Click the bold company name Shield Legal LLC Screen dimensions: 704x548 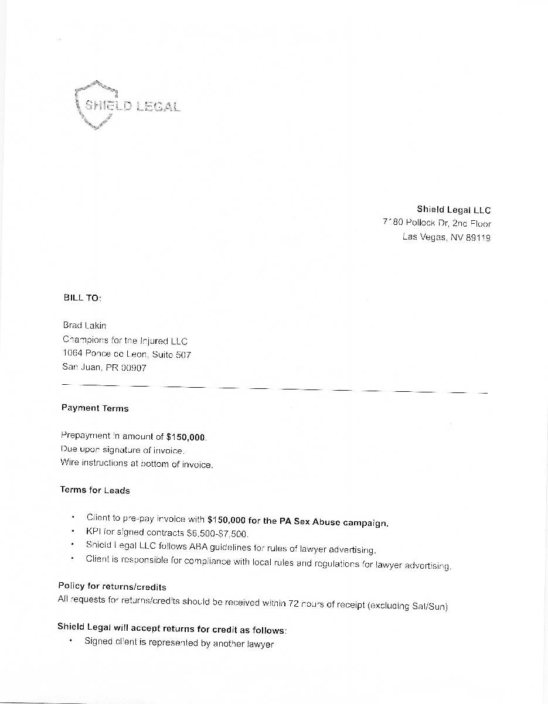454,209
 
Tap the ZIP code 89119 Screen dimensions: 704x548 478,238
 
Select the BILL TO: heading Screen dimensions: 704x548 82,298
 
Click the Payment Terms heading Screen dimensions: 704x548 94,408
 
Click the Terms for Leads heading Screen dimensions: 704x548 94,490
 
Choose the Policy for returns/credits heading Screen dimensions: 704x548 112,586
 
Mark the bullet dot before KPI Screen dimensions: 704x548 72,532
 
